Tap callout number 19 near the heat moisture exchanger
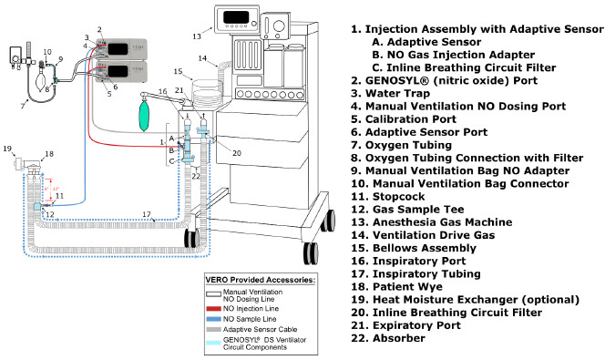pos(7,149)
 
